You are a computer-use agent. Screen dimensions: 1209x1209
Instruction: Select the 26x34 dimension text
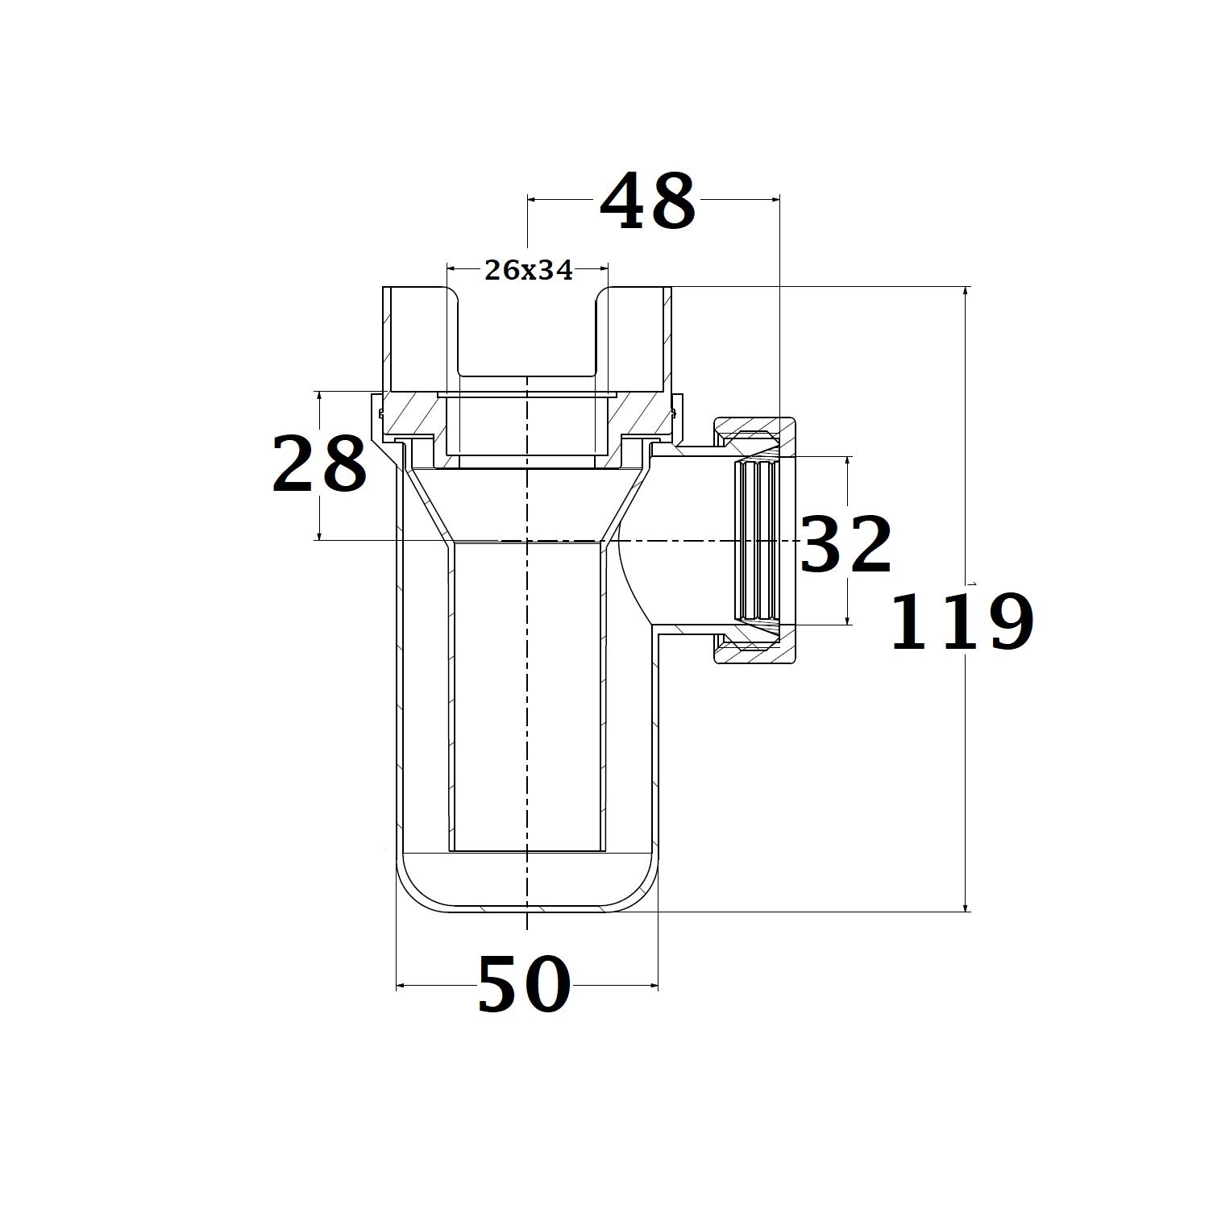coord(528,271)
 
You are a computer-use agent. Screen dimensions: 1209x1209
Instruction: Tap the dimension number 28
coord(319,464)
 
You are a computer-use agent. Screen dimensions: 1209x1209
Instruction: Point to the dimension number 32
coord(846,545)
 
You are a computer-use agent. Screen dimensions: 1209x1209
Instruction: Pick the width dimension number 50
coord(524,984)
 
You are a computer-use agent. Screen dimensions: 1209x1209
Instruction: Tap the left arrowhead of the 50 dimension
coord(401,985)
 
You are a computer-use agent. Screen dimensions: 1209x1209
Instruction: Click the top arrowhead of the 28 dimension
coord(320,397)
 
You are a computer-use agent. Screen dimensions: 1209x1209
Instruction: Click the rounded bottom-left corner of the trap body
coord(411,891)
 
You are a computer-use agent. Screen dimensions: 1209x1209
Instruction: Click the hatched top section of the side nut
coord(754,430)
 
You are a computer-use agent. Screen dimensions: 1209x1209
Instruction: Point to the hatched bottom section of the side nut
coord(754,651)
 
